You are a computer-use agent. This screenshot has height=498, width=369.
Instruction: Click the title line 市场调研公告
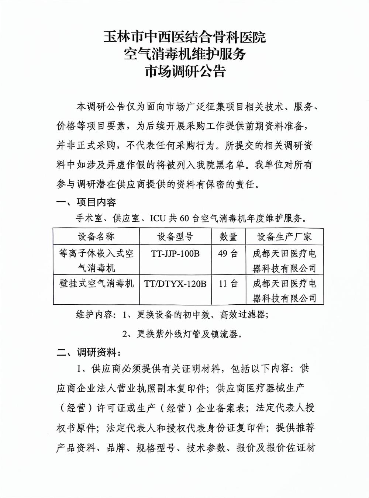pyautogui.click(x=185, y=71)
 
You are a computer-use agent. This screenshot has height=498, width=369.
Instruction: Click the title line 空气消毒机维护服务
pyautogui.click(x=185, y=54)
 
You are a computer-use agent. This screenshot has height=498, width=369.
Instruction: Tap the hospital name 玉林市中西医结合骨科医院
pyautogui.click(x=185, y=37)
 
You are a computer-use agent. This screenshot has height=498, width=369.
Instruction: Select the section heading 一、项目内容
pyautogui.click(x=86, y=202)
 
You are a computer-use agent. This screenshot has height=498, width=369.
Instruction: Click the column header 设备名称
pyautogui.click(x=96, y=237)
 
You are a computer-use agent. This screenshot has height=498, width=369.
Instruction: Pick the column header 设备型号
pyautogui.click(x=175, y=237)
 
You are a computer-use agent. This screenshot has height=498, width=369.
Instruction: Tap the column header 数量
pyautogui.click(x=228, y=237)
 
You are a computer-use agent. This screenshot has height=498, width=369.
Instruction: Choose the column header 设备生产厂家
pyautogui.click(x=284, y=237)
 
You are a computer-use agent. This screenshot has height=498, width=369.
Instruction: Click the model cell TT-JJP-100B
pyautogui.click(x=175, y=254)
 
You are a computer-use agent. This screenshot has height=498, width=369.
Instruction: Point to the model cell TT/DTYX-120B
pyautogui.click(x=175, y=284)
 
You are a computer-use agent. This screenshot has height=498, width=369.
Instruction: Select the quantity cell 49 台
pyautogui.click(x=228, y=254)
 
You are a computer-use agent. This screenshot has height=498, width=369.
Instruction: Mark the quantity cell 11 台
pyautogui.click(x=228, y=284)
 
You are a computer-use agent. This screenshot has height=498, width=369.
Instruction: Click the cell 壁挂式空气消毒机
pyautogui.click(x=96, y=284)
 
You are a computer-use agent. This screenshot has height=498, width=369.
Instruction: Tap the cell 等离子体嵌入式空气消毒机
pyautogui.click(x=96, y=260)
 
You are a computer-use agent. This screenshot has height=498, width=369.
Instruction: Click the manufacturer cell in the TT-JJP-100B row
pyautogui.click(x=284, y=260)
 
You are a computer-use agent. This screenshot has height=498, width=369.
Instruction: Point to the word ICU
pyautogui.click(x=158, y=219)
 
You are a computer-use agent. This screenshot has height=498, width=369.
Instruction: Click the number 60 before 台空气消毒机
pyautogui.click(x=184, y=219)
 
